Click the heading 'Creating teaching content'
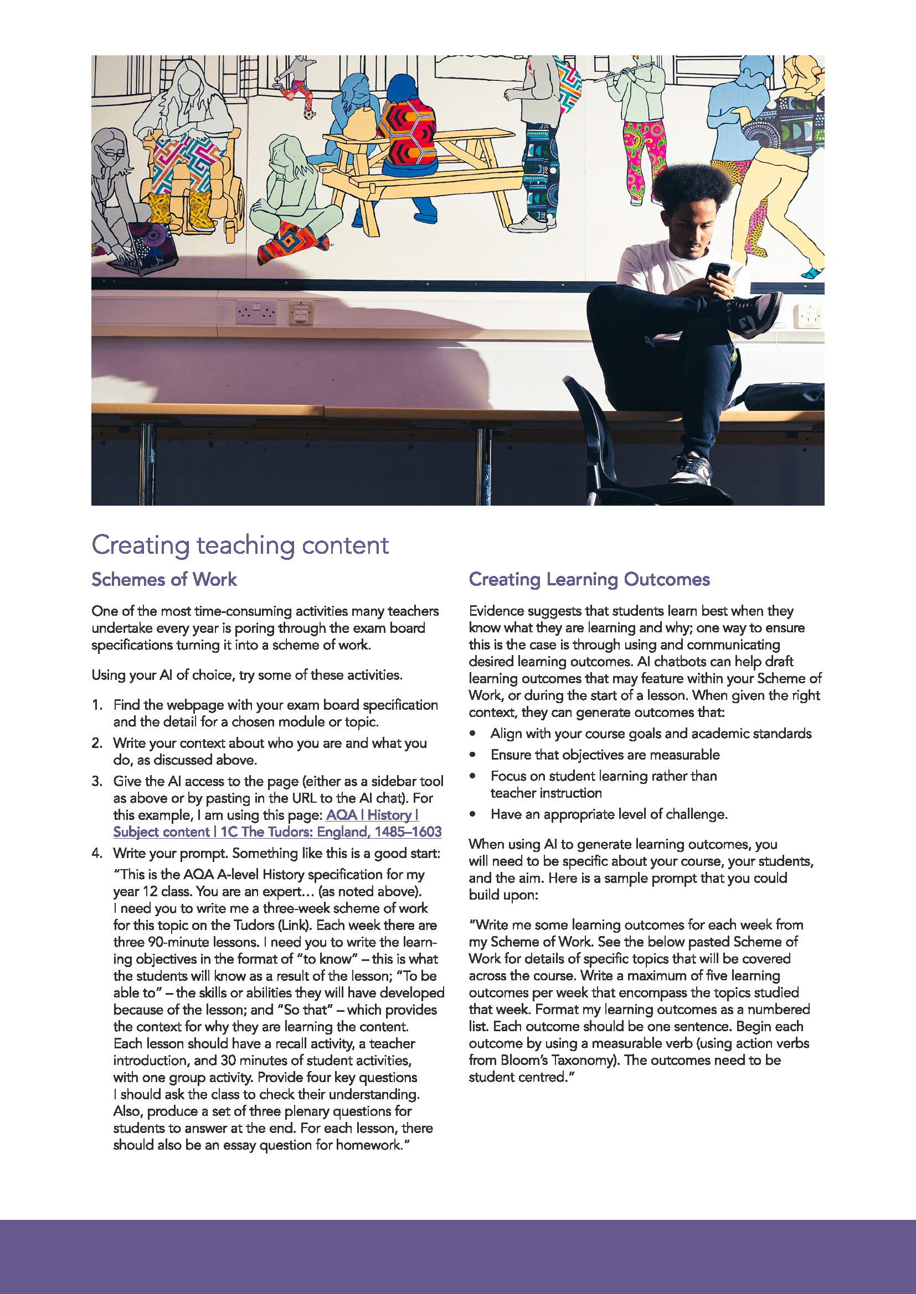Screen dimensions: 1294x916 (x=240, y=545)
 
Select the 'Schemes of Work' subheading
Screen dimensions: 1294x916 (x=164, y=579)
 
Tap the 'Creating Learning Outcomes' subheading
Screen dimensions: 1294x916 (x=589, y=579)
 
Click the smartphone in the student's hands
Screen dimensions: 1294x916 (x=717, y=271)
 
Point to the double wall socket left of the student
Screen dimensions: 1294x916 (x=256, y=311)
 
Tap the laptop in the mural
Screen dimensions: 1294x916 (x=143, y=248)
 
